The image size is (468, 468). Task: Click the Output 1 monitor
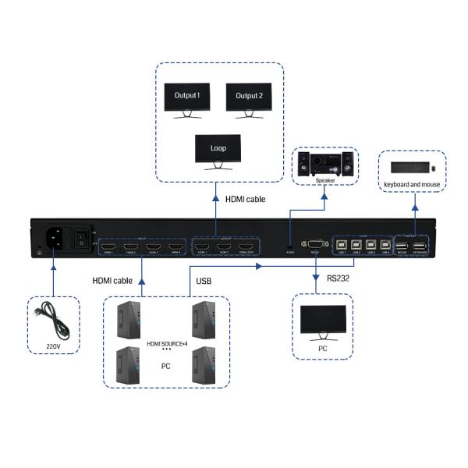pos(187,99)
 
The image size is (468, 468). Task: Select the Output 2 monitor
pos(249,99)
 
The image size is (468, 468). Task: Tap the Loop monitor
pos(218,150)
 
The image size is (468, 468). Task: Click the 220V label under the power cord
pos(54,346)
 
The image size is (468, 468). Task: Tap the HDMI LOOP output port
pos(246,243)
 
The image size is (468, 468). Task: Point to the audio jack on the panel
pos(290,244)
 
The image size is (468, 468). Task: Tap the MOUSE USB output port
pos(402,244)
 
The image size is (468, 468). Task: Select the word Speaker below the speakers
pos(325,180)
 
